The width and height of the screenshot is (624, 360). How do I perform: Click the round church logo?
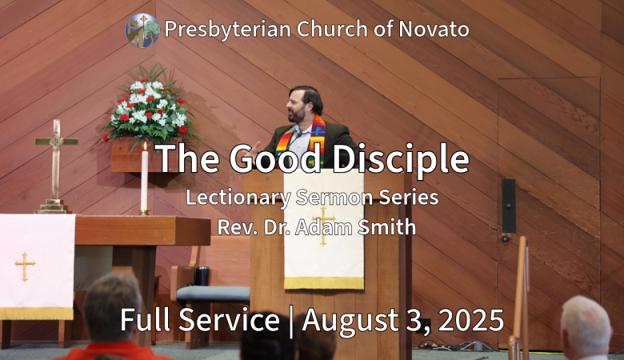point(142,30)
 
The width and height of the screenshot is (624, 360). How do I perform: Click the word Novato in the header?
point(434,29)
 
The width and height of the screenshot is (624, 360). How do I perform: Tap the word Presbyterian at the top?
point(228,30)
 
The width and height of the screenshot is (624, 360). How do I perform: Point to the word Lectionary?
point(238,198)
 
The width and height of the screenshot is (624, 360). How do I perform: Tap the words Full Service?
point(200,320)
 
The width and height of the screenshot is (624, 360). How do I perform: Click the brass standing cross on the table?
point(56,167)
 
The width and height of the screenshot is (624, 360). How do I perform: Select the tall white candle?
point(144,179)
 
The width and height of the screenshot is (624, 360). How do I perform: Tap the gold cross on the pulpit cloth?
point(323,226)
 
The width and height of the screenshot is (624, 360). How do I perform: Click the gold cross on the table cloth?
point(25,266)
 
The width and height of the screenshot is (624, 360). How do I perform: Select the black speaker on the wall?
point(509,206)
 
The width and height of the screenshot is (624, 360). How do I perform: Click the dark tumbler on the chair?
point(202,276)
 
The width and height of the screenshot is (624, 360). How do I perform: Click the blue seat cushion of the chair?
point(214,294)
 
